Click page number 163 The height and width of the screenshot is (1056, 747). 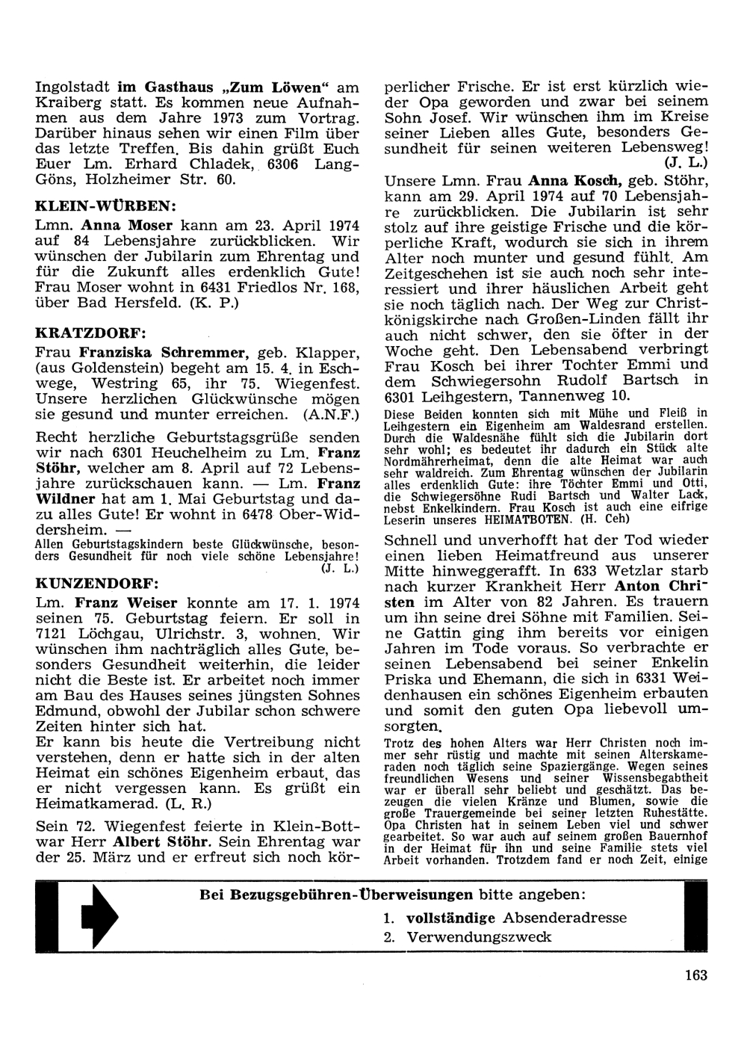coord(694,974)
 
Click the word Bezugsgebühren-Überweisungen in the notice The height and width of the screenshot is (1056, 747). coord(336,895)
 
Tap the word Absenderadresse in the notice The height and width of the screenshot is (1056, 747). coord(565,917)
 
